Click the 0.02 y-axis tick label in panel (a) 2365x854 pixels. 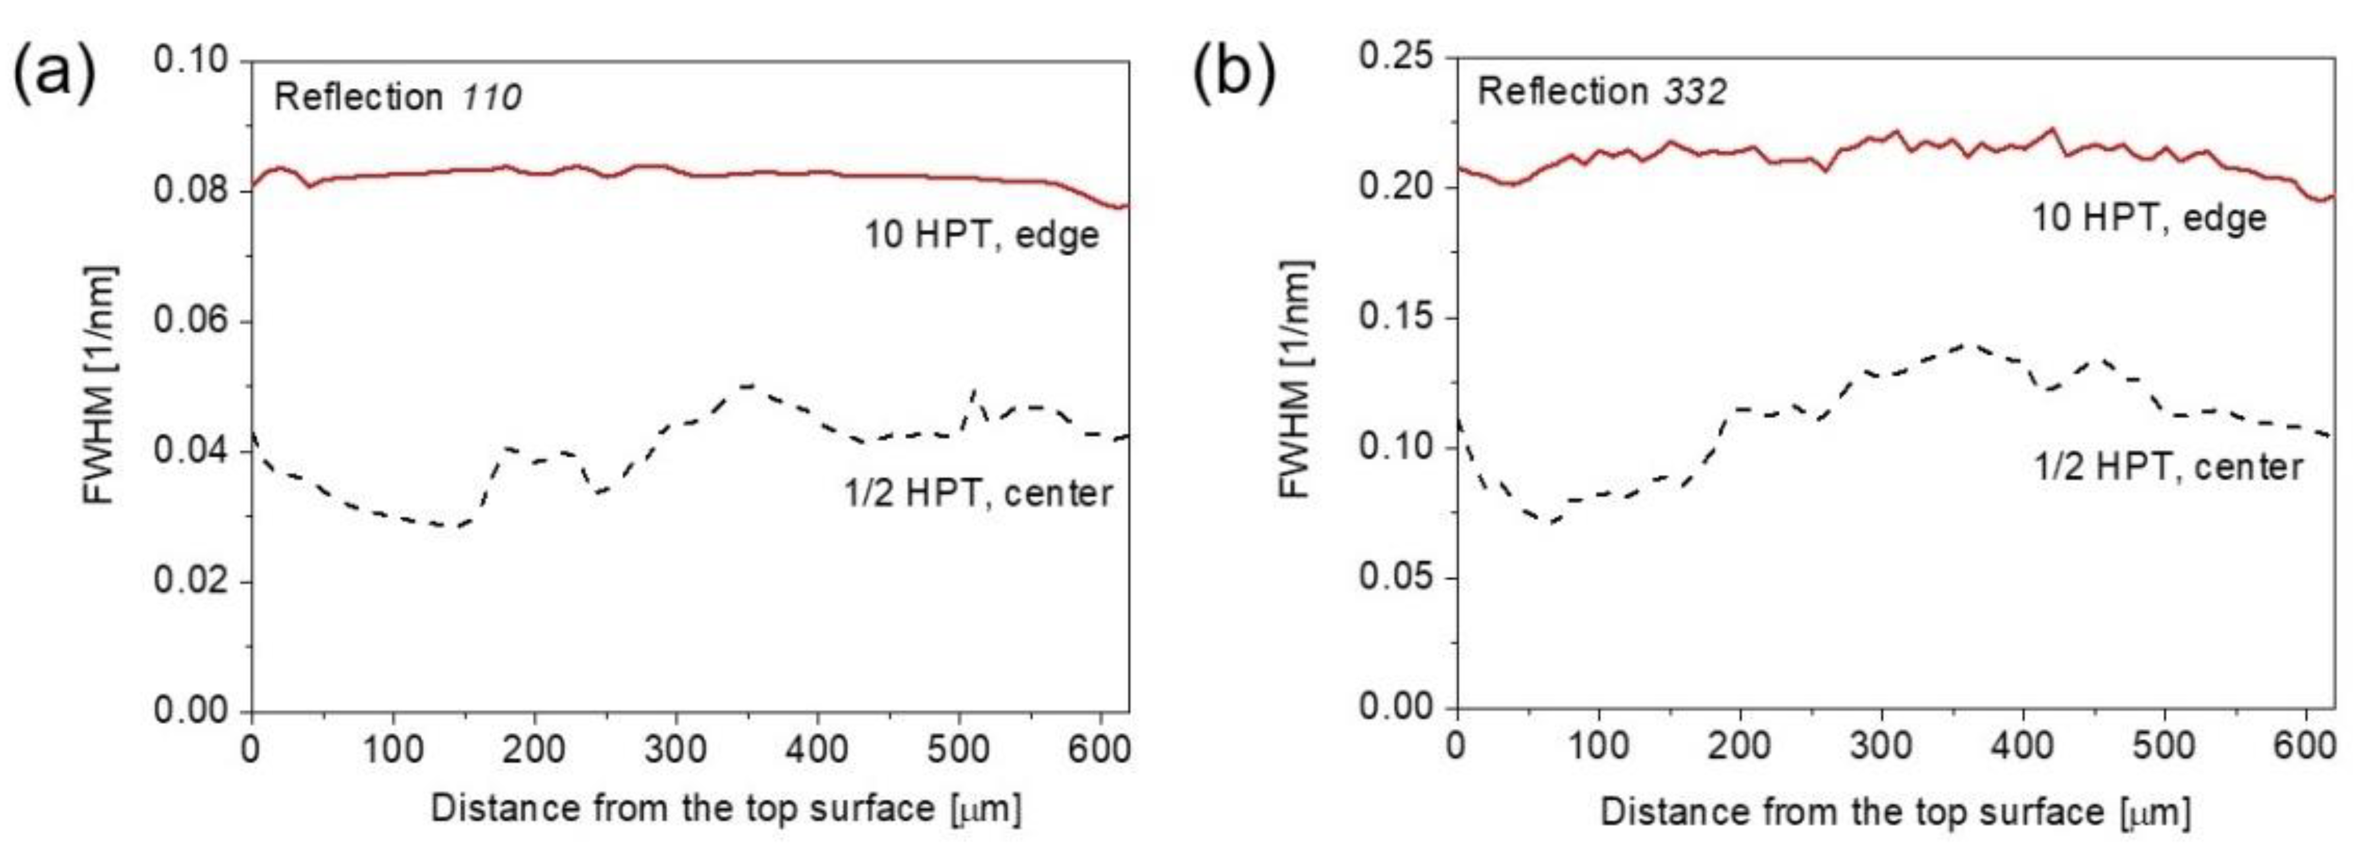(190, 582)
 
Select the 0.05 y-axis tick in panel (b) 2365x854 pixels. (1395, 578)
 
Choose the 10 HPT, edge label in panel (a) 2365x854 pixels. (981, 235)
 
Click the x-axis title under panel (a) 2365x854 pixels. (725, 809)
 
